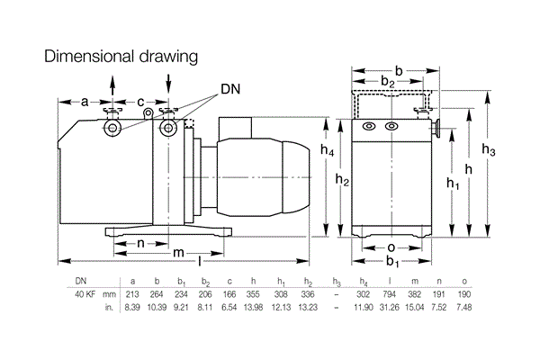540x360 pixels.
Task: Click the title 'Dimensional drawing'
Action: pos(121,57)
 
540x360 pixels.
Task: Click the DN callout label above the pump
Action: pos(230,91)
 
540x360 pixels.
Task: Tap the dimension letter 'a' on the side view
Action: pos(84,102)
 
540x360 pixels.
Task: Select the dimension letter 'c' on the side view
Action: pos(140,102)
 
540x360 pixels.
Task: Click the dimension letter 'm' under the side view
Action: pos(179,251)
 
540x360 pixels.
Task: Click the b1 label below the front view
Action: pos(391,262)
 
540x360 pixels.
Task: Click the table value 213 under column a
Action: pos(132,293)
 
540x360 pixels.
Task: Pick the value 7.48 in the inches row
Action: pos(464,307)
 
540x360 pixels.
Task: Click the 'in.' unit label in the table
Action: pos(109,307)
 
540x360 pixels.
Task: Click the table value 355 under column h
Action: pos(256,293)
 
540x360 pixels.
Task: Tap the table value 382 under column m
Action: pos(414,293)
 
